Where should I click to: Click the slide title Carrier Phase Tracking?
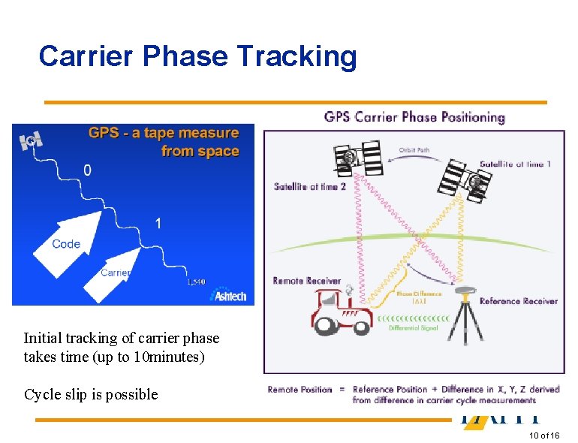click(x=197, y=56)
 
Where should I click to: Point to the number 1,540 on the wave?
click(x=195, y=282)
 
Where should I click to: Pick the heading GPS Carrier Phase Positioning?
click(x=414, y=117)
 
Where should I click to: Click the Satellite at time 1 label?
click(x=515, y=164)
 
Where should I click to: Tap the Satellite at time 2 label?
click(x=310, y=186)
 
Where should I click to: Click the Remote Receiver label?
click(x=307, y=281)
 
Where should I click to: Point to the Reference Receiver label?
click(x=518, y=301)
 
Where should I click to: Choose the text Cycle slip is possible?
click(x=91, y=394)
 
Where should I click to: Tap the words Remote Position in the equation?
click(x=300, y=390)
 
